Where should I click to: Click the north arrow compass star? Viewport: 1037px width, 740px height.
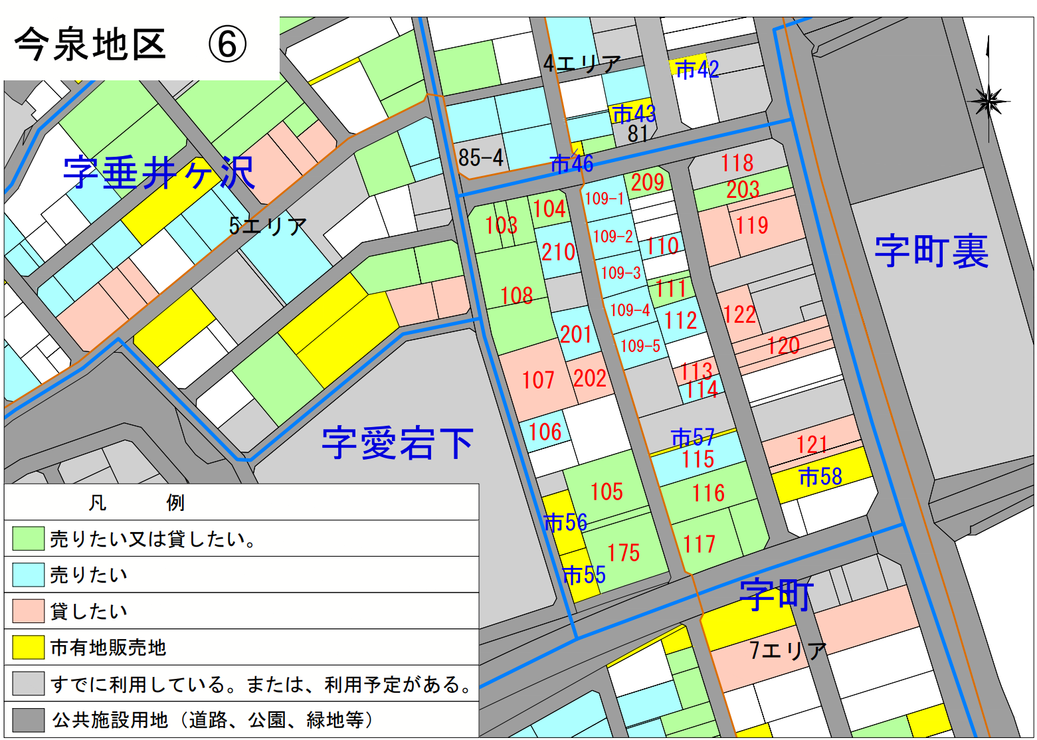coord(988,102)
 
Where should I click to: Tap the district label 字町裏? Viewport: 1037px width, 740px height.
coord(931,251)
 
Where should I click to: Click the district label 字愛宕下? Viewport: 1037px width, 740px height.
coord(397,443)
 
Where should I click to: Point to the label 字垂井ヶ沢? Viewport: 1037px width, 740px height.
coord(159,173)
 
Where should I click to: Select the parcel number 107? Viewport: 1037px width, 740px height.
coord(537,380)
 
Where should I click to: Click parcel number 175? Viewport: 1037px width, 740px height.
coord(623,553)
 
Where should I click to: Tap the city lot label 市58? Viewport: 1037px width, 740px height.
coord(820,476)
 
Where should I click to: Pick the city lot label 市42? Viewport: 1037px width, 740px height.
coord(697,69)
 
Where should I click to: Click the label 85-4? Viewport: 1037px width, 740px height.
coord(481,158)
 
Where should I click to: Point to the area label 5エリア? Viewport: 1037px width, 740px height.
coord(268,226)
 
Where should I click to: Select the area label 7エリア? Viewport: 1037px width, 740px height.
coord(788,650)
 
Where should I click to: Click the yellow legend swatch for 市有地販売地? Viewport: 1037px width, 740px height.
coord(28,647)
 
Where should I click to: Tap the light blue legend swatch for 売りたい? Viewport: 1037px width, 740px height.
coord(28,575)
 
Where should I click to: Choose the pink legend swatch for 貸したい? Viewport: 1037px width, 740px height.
coord(28,611)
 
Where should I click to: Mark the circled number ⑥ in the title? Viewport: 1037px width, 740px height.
coord(227,45)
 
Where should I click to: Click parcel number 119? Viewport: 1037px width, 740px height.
coord(751,225)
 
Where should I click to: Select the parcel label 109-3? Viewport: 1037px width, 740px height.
coord(620,272)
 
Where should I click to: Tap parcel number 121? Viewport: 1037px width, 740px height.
coord(811,444)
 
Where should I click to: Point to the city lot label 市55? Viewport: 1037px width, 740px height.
coord(584,575)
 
